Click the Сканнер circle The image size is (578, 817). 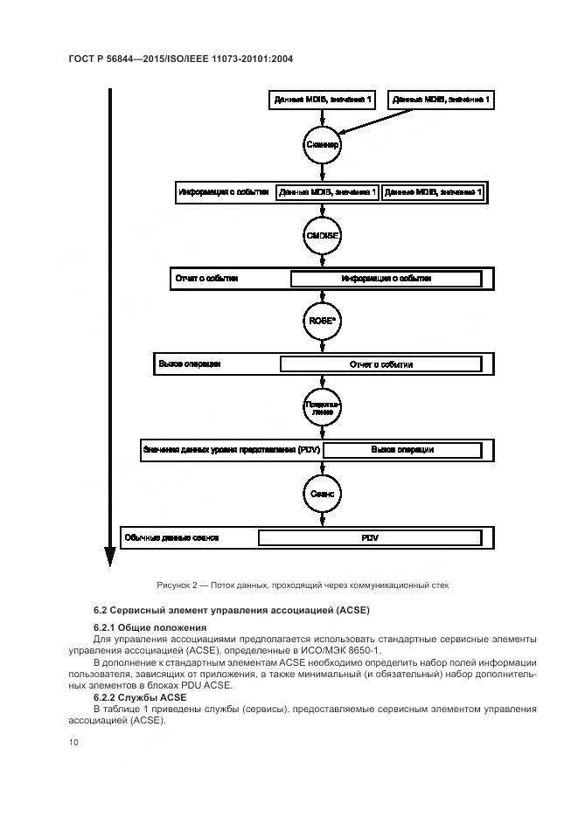coord(322,144)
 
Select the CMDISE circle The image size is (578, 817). coord(322,236)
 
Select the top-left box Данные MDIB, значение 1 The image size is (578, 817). coord(323,100)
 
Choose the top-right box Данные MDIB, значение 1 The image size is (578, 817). coord(442,100)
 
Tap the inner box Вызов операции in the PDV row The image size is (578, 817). coord(402,450)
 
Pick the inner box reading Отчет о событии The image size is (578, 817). coord(380,364)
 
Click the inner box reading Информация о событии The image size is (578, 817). coord(386,279)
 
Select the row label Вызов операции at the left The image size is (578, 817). coord(190,363)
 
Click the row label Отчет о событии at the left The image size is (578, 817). coord(207,279)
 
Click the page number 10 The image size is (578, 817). coord(73,742)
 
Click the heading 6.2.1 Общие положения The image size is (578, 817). coord(150,627)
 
